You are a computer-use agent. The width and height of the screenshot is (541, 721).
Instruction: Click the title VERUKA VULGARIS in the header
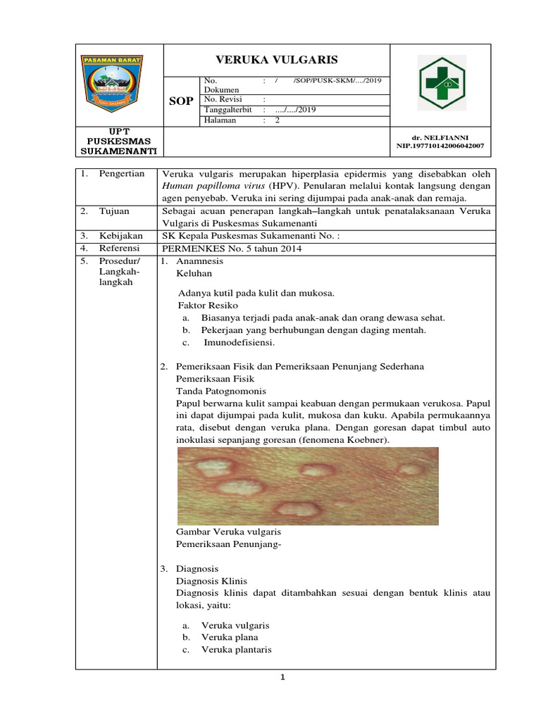tap(277, 61)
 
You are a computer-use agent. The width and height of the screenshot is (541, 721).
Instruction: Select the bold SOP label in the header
tap(181, 101)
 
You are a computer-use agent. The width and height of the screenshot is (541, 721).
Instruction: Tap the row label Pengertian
tap(121, 174)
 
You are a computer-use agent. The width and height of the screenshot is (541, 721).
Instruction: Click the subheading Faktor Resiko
tap(208, 306)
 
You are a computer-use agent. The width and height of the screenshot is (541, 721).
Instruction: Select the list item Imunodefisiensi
tap(239, 342)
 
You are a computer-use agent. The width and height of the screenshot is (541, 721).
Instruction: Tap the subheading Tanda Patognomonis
tap(220, 391)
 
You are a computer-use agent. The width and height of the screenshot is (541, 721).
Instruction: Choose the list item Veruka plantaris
tap(236, 650)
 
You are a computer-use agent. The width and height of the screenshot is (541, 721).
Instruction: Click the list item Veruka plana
tap(230, 637)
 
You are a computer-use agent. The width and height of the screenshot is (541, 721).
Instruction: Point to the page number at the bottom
tap(281, 677)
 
